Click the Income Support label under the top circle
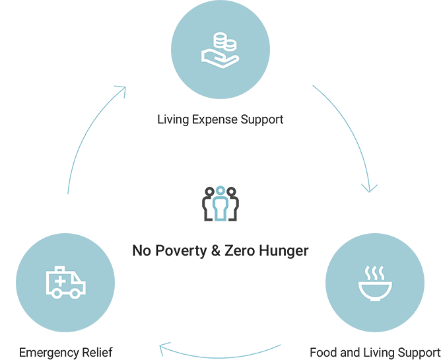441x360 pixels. tap(222, 123)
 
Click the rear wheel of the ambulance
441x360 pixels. tap(54, 294)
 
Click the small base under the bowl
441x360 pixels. tap(374, 299)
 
